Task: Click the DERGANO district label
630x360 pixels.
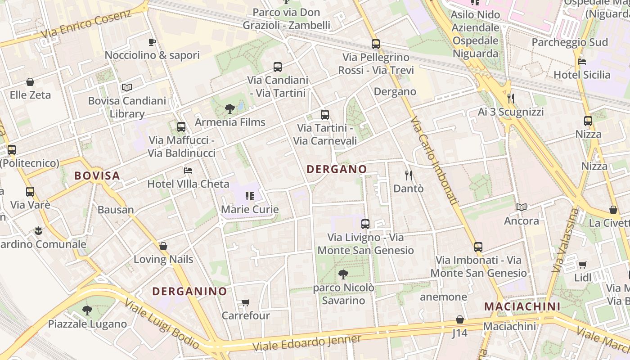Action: (337, 169)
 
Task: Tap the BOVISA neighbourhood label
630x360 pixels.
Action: (97, 175)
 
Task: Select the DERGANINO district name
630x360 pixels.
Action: (189, 291)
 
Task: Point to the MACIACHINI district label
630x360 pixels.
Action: (522, 307)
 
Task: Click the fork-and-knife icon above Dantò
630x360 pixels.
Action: (409, 175)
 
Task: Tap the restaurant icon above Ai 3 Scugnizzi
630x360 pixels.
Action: (511, 98)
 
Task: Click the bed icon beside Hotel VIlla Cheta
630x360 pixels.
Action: (188, 171)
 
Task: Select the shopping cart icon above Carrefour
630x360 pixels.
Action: (245, 302)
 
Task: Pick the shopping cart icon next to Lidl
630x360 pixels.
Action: (582, 265)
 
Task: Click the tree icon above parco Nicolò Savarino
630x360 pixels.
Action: (343, 274)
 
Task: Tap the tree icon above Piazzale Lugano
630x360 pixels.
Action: (87, 310)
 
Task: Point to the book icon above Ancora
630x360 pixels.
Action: (522, 207)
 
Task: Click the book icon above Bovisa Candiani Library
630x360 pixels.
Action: (127, 87)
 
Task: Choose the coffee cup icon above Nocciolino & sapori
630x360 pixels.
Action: (152, 42)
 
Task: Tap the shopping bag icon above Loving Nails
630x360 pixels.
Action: (163, 246)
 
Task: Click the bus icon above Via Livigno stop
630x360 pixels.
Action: (365, 224)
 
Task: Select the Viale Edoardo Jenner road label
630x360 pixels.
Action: (307, 343)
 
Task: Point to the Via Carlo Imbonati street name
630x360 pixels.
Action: (434, 162)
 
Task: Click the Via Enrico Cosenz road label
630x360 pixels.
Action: (86, 23)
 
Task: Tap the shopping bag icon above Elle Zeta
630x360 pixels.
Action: (30, 82)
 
